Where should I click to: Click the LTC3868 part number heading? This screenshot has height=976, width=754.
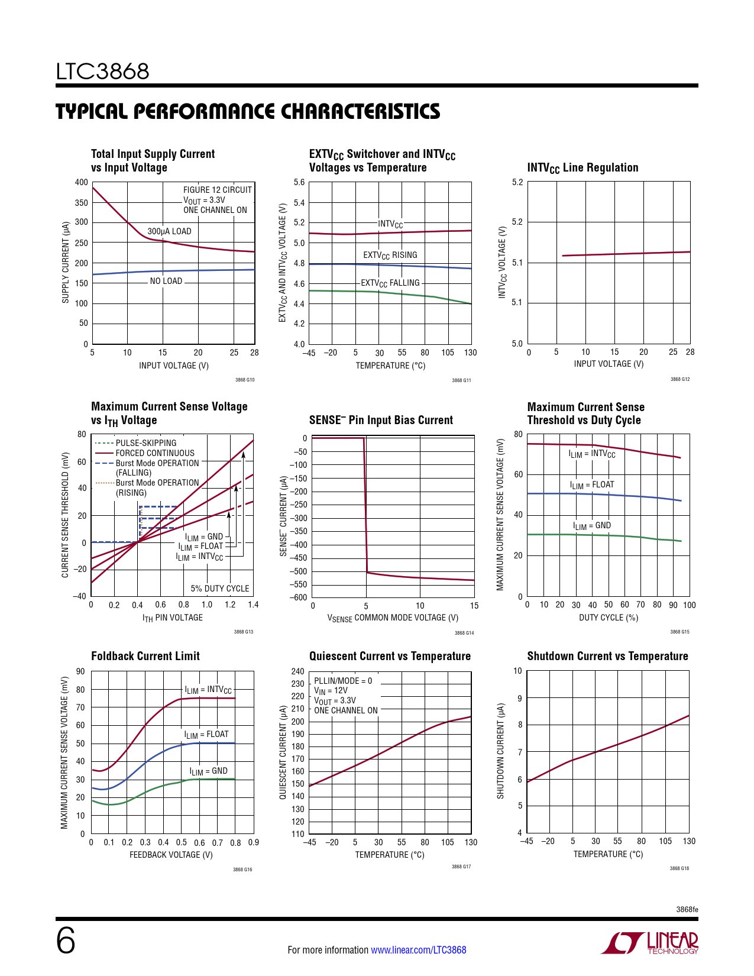click(102, 72)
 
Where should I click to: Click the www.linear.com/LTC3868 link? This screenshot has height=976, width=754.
click(418, 950)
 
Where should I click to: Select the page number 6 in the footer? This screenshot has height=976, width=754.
click(66, 941)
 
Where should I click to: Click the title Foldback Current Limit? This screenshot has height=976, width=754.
click(145, 656)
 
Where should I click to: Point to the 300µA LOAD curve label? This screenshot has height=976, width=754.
click(169, 231)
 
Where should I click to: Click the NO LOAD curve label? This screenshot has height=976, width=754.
click(166, 281)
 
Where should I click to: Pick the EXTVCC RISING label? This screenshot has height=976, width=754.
click(390, 255)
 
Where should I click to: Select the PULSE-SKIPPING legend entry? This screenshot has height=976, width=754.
click(146, 443)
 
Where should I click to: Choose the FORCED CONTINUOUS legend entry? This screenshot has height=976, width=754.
click(155, 453)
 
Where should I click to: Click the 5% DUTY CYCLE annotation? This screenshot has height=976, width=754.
click(220, 589)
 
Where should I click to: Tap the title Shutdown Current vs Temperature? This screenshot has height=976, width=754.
click(607, 656)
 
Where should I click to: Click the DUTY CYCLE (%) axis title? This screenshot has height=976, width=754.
click(609, 618)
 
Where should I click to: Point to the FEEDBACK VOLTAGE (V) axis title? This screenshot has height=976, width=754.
click(171, 855)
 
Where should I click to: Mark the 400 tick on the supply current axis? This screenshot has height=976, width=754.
click(82, 182)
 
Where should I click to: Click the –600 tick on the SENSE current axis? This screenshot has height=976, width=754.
click(298, 597)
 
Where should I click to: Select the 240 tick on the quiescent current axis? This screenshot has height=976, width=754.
click(298, 671)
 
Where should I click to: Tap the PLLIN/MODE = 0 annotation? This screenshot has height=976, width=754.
click(343, 681)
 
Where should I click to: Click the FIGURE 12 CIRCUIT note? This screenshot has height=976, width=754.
click(218, 190)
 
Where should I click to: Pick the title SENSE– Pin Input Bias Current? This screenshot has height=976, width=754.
click(381, 420)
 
